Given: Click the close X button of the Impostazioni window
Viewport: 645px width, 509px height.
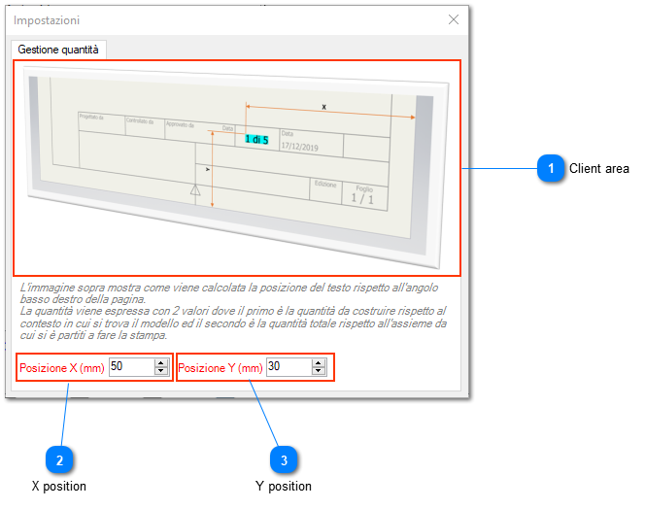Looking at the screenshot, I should (453, 19).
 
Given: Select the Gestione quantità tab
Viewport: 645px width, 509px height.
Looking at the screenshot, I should (58, 49).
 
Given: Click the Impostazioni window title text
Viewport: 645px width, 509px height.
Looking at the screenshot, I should (47, 19).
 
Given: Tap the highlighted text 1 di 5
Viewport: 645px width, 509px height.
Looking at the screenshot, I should (256, 140).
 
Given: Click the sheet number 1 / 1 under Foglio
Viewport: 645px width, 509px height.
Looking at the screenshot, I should (362, 198).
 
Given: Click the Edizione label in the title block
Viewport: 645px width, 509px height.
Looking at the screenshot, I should (325, 183).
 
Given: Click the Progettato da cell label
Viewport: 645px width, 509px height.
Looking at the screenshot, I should (91, 118).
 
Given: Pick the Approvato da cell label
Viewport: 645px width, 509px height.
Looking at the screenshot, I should (181, 124).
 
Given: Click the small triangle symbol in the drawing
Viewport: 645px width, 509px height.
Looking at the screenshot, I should (195, 191).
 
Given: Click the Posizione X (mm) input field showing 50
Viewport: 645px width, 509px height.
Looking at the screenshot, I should (130, 367).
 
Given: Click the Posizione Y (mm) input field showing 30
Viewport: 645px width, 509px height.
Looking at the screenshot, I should (288, 367).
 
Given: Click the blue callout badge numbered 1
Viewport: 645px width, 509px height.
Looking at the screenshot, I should (551, 169).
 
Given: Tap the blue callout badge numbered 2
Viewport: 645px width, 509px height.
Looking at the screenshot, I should (60, 458).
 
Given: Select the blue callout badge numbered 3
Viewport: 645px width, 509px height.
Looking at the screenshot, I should (283, 458).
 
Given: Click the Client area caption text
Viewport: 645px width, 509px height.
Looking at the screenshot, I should (598, 169).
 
